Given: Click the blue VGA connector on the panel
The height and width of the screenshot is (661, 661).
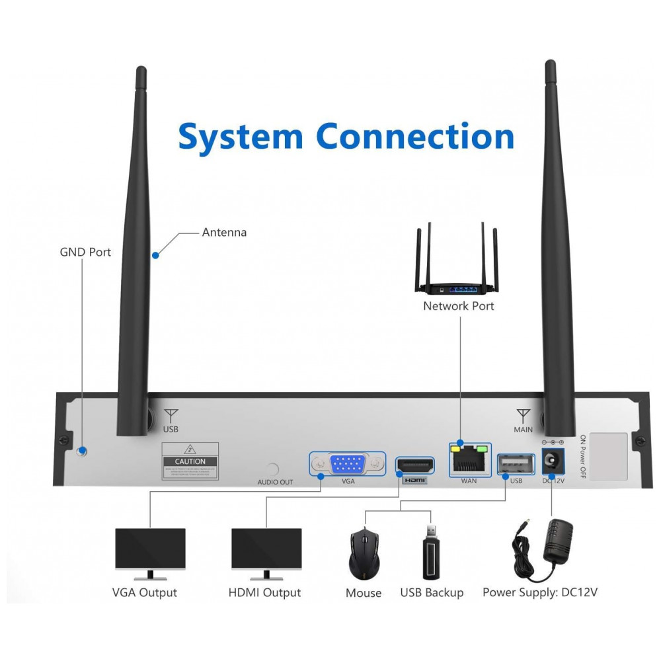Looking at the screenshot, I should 348,464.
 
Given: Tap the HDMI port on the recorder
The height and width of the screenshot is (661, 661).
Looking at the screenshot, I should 414,465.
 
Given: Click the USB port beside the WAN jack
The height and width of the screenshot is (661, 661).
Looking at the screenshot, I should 516,464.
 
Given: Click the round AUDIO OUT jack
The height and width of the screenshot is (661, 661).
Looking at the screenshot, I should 272,470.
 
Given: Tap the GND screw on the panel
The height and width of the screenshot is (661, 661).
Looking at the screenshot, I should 82,452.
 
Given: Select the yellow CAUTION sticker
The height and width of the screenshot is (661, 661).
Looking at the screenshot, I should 190,461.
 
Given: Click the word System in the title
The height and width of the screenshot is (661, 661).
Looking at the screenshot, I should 241,137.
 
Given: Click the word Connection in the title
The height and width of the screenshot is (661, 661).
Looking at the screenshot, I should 415,137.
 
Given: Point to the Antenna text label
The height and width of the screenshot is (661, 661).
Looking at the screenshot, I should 224,232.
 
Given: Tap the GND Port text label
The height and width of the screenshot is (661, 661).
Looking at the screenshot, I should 85,252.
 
